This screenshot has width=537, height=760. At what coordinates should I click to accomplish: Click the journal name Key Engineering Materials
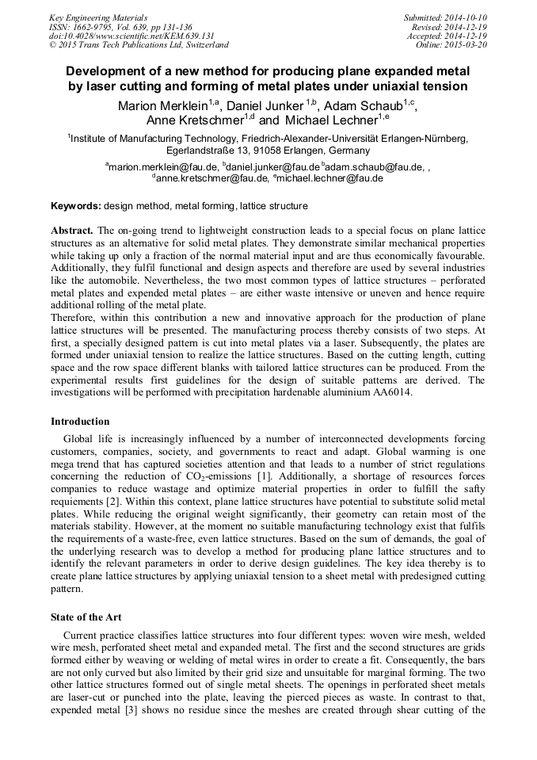(x=92, y=17)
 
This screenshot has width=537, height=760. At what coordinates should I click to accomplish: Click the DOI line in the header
(x=109, y=36)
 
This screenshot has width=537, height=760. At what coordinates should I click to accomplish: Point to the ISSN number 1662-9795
(x=103, y=26)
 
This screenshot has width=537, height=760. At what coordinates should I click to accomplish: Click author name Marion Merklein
(x=162, y=105)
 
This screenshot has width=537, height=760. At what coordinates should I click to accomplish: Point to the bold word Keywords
(x=75, y=206)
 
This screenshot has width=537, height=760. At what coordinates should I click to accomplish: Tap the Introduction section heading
(x=80, y=421)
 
